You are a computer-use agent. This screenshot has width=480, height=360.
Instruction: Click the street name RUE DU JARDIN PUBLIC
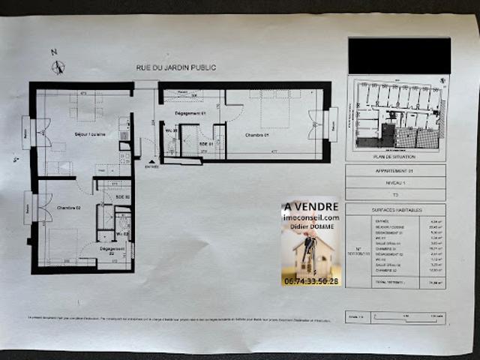[176, 67]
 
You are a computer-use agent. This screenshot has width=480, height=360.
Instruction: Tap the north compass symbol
[58, 65]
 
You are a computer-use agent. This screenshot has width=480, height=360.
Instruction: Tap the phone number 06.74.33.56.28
[310, 281]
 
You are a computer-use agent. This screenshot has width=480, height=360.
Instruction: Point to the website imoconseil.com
[310, 217]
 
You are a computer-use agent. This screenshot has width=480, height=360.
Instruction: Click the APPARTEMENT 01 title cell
[396, 170]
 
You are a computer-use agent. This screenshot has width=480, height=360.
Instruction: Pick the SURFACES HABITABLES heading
[396, 211]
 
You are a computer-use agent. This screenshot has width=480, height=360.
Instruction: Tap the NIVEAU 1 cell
[396, 181]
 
